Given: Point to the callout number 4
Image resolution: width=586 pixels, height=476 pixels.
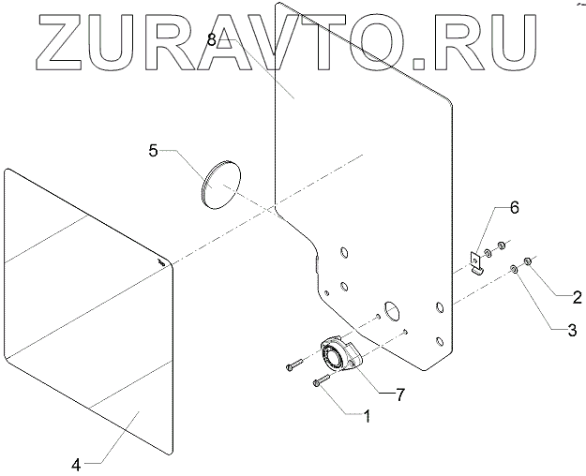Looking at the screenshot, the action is point(77,463).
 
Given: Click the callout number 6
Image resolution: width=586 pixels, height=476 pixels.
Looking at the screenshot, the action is point(513,207).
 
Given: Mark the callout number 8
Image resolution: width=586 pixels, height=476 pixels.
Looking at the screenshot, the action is point(211,40).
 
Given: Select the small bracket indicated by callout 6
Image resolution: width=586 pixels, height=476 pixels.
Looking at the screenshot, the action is point(478,261).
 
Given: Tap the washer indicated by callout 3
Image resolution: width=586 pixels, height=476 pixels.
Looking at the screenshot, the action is point(515,270).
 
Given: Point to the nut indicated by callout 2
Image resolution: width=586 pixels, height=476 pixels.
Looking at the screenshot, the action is point(529,260).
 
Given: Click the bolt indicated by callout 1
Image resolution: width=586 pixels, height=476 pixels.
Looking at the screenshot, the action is point(323,380).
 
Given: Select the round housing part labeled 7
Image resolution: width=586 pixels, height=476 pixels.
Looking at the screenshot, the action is point(334,357).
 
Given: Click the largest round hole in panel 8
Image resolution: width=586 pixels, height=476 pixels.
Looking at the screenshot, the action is point(391,310).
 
